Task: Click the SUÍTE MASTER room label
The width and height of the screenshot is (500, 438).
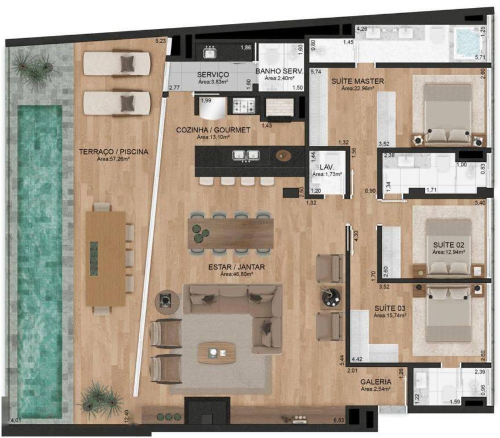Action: coord(357,81)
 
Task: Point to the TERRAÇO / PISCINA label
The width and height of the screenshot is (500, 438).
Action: coord(114,152)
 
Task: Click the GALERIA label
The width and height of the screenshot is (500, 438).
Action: coord(376,382)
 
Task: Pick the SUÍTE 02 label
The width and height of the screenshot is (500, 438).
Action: coord(448,244)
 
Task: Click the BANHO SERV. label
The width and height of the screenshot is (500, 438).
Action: coord(280,71)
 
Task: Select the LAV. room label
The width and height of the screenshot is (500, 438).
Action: coord(326,166)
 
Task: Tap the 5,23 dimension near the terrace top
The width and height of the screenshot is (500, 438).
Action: coord(161,41)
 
